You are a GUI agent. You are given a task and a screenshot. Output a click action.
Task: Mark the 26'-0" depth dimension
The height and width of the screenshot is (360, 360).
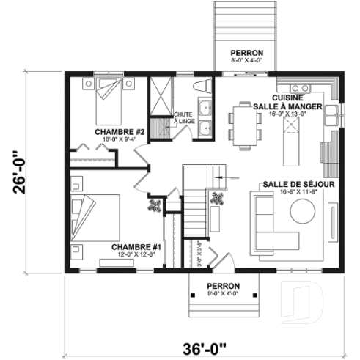(26, 171)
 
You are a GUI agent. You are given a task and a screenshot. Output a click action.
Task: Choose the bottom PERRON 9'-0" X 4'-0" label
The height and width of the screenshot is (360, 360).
(224, 285)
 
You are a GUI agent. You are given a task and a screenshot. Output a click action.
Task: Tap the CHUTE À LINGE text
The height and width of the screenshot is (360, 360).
(182, 118)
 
